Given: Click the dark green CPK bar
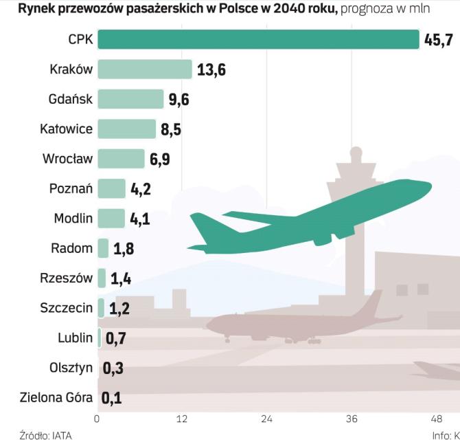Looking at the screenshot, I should pyautogui.click(x=257, y=39).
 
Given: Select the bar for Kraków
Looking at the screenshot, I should pyautogui.click(x=144, y=69).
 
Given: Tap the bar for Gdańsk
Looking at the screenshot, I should pyautogui.click(x=130, y=99).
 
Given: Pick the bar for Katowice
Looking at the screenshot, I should pyautogui.click(x=127, y=129).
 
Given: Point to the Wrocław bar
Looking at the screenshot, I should pyautogui.click(x=121, y=159).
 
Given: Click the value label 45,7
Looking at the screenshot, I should pyautogui.click(x=439, y=40).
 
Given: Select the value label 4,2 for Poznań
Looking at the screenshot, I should pyautogui.click(x=140, y=189).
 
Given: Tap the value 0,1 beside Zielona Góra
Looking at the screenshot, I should pyautogui.click(x=112, y=397).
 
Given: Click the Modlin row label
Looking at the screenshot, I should pyautogui.click(x=73, y=219).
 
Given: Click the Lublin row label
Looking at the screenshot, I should pyautogui.click(x=75, y=338).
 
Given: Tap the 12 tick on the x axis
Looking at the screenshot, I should pyautogui.click(x=182, y=418).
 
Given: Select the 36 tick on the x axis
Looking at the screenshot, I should pyautogui.click(x=352, y=418).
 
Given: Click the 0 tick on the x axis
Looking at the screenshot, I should pyautogui.click(x=97, y=418).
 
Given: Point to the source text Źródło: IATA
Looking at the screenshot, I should pyautogui.click(x=45, y=434).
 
